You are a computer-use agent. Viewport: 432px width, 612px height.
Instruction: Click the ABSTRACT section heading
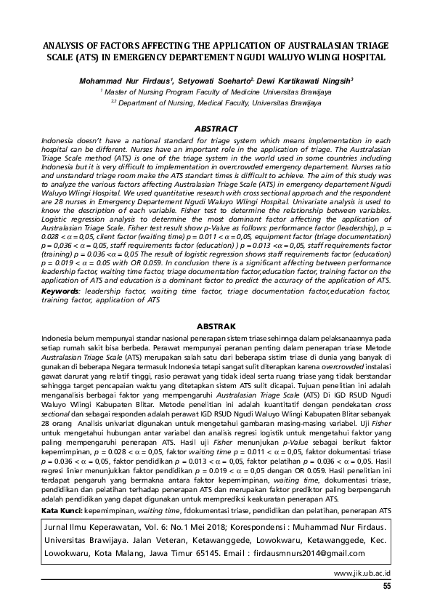point(217,129)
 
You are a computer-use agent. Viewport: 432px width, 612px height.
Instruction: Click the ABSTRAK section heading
point(217,327)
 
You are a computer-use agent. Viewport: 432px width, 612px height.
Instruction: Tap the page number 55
point(386,587)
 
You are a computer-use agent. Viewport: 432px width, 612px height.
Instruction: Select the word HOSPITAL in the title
point(361,57)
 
